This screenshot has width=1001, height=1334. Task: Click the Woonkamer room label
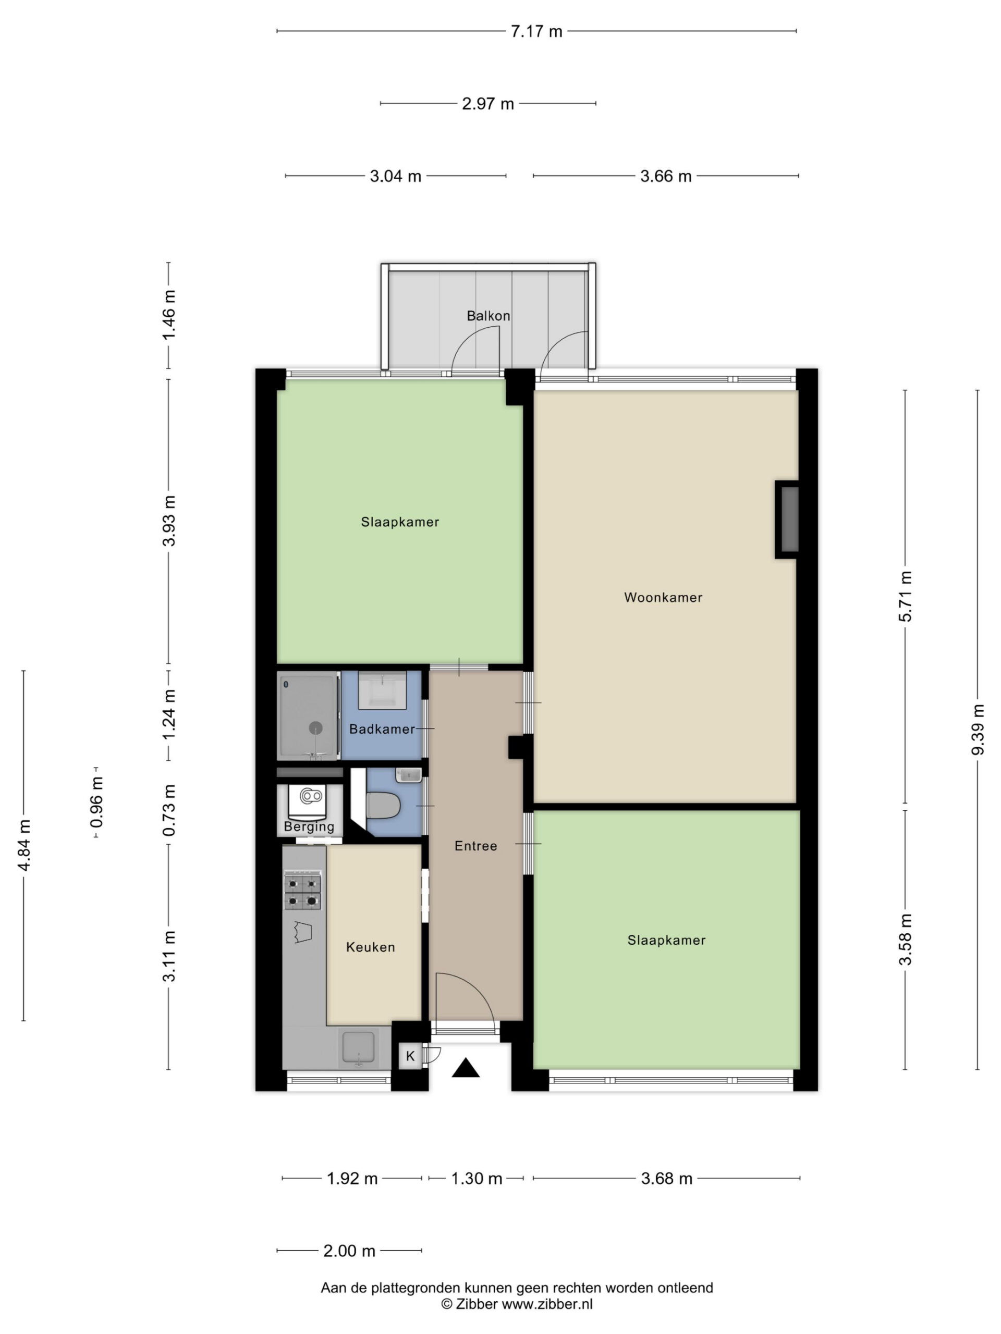point(663,598)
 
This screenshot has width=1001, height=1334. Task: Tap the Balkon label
point(488,315)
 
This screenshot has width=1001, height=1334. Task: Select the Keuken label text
point(370,947)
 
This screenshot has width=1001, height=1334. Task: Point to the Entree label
point(475,846)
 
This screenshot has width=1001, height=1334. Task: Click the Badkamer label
point(382,729)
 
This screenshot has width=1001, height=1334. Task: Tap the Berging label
point(309,827)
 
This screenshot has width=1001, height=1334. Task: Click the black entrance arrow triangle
point(465,1068)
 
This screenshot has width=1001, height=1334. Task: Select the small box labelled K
point(410,1056)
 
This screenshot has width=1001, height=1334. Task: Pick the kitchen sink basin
point(358,1046)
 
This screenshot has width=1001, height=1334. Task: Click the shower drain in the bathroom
point(315,728)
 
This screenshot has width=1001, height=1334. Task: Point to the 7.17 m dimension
point(536,31)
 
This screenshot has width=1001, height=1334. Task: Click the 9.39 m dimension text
point(978,729)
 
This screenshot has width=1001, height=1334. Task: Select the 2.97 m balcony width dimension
point(488,104)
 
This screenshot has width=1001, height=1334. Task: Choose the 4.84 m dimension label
point(24,846)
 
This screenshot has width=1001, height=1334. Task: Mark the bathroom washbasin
point(382,690)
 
